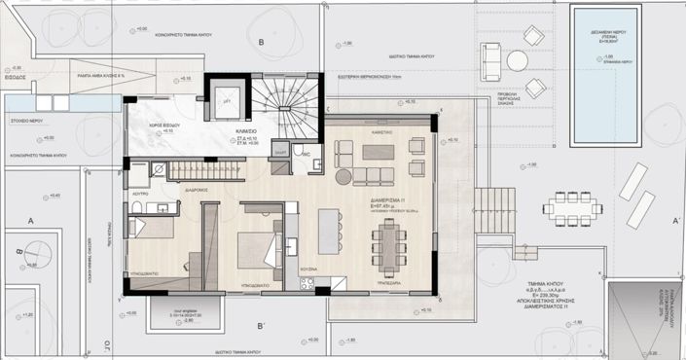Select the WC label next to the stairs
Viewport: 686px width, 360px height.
[x=305, y=154]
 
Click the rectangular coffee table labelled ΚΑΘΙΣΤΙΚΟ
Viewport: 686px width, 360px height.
[x=379, y=151]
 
